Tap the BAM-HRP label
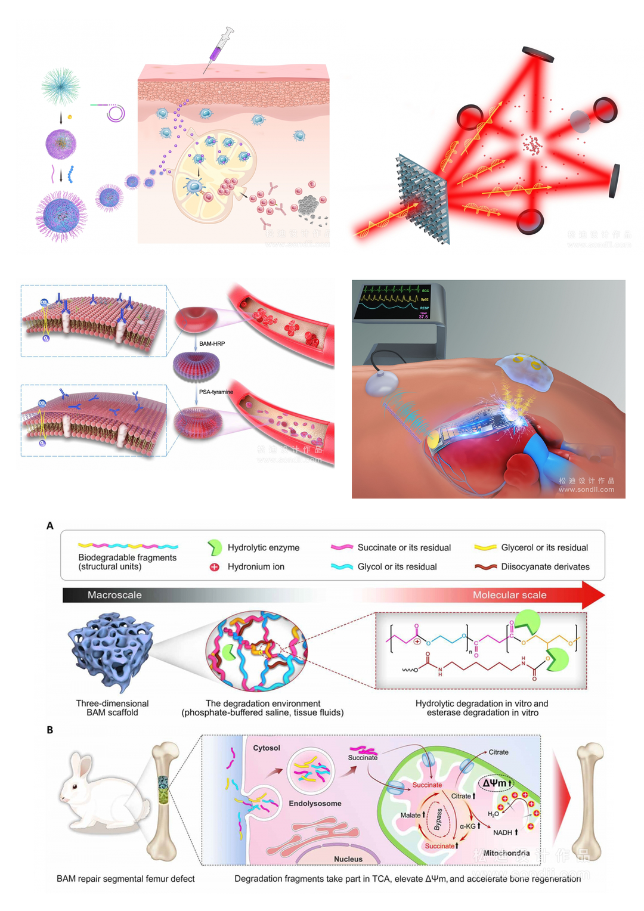click(212, 344)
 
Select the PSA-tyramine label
click(216, 392)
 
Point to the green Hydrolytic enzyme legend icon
click(214, 547)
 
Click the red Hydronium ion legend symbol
click(215, 567)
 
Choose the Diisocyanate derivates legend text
click(545, 567)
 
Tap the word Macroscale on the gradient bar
click(114, 595)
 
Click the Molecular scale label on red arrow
click(509, 595)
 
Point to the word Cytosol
click(267, 748)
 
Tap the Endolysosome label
click(315, 804)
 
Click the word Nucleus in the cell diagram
click(348, 859)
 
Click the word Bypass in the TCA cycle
click(438, 819)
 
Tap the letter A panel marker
click(50, 526)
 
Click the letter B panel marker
click(50, 730)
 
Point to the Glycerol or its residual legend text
click(544, 548)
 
